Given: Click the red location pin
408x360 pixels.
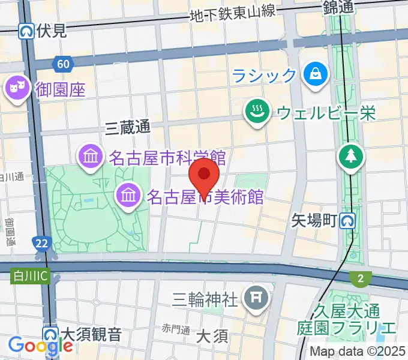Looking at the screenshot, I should [204, 175].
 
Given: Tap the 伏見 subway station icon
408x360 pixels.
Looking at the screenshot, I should [26, 31].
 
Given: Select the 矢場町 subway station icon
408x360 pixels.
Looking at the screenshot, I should [347, 221].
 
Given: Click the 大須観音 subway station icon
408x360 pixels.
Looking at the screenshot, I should [50, 334].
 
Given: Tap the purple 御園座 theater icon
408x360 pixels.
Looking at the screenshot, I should [16, 89].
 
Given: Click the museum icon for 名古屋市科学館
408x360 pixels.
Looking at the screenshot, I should [90, 158].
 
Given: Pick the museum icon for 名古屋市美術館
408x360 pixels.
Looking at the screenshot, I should [128, 194].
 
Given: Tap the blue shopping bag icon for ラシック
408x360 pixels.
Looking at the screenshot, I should [314, 74].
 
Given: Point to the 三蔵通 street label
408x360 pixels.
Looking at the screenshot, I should [127, 127].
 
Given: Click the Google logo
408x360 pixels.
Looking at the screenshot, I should [40, 346].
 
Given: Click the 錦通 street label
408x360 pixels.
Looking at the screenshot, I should [340, 7].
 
